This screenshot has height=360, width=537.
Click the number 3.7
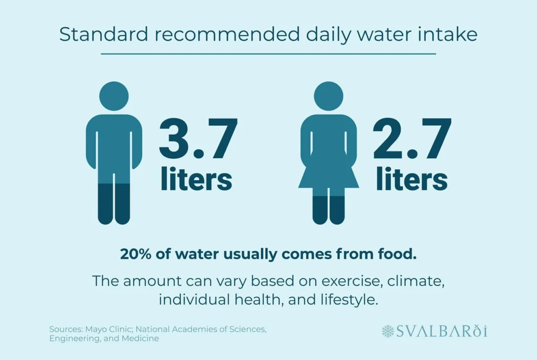pyautogui.click(x=199, y=139)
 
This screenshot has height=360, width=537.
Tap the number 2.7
pyautogui.click(x=412, y=139)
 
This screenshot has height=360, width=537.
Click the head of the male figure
pyautogui.click(x=114, y=96)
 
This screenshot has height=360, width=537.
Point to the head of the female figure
pyautogui.click(x=328, y=96)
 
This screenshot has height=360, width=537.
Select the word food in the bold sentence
pyautogui.click(x=400, y=254)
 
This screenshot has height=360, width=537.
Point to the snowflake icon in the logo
pyautogui.click(x=388, y=331)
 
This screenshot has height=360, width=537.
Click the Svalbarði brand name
pyautogui.click(x=442, y=331)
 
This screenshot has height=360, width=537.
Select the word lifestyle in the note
pyautogui.click(x=351, y=300)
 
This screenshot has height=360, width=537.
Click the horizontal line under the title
pyautogui.click(x=268, y=53)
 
